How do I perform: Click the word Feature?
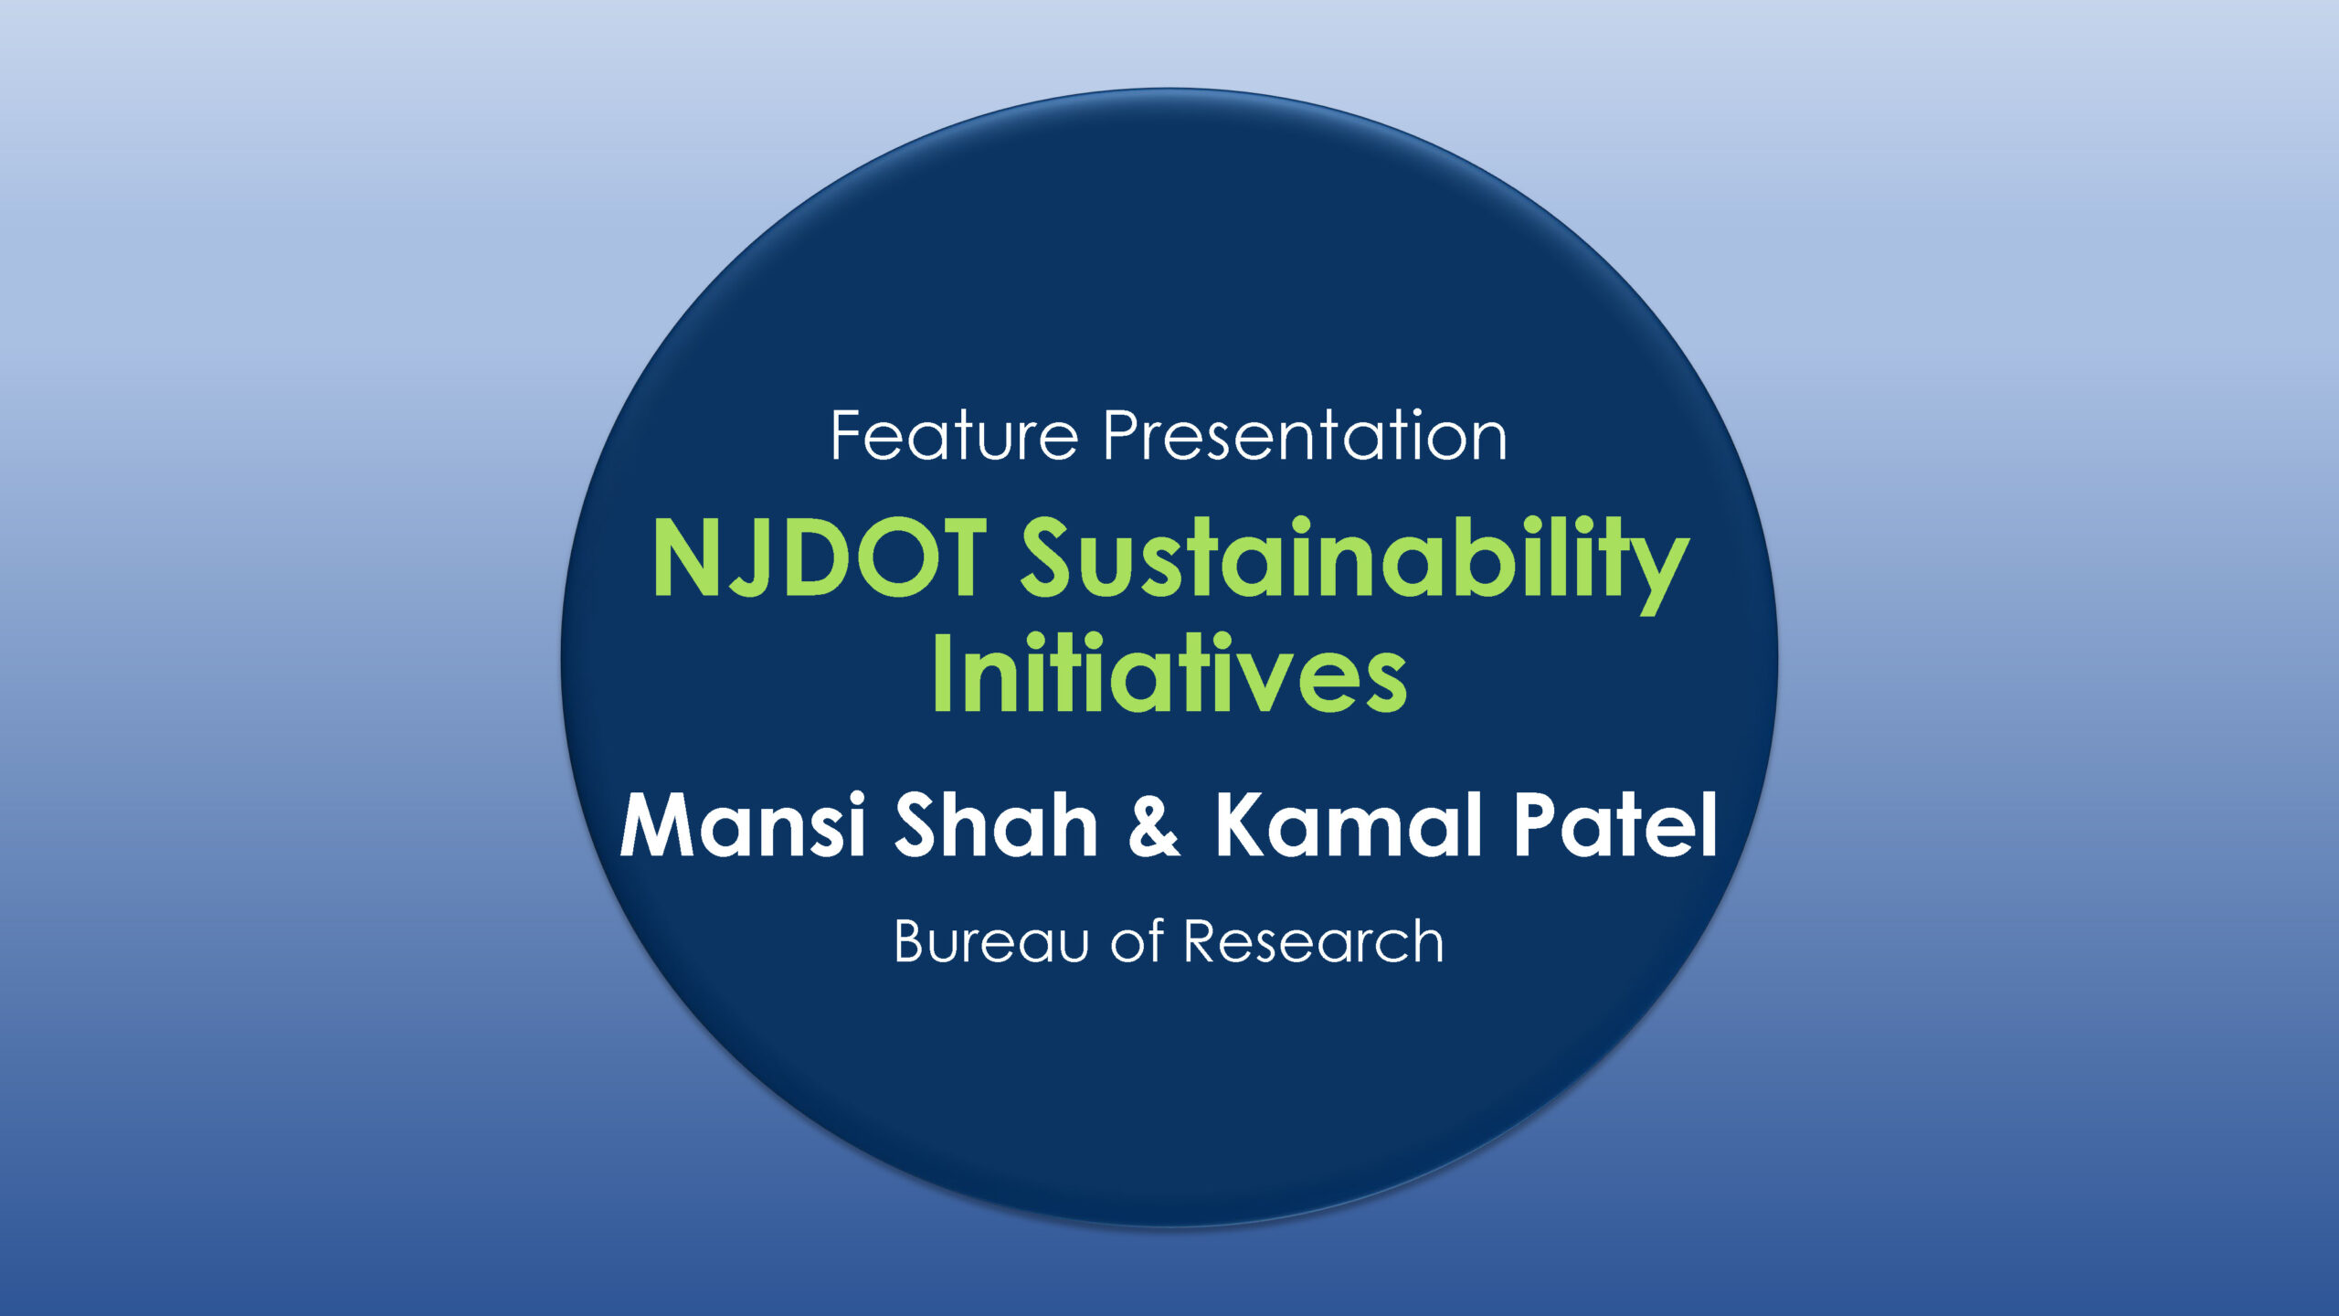956,436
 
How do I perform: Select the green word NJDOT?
820,558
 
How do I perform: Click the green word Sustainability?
1355,563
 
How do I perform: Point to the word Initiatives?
1169,673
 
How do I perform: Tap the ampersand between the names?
1155,825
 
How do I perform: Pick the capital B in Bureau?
913,941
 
